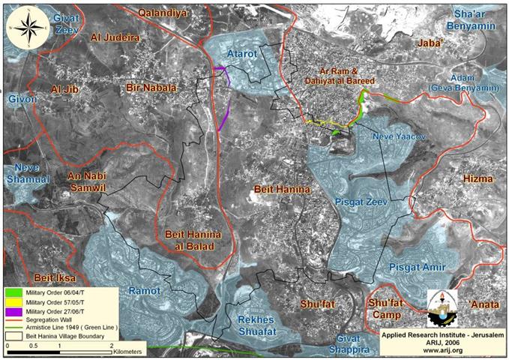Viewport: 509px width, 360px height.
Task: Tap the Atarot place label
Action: tap(242, 54)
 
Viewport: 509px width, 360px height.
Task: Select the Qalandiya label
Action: tap(164, 12)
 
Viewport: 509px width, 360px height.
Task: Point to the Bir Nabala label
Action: tap(151, 88)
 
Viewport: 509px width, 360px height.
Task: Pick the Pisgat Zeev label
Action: tap(354, 201)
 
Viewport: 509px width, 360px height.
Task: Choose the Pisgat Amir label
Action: tap(418, 268)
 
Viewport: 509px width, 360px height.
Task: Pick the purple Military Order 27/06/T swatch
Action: tap(14, 310)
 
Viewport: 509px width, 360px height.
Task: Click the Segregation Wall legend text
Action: tap(51, 319)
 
